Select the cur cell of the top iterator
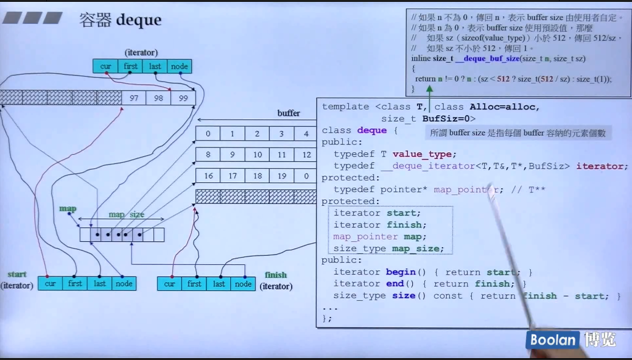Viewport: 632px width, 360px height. (x=105, y=66)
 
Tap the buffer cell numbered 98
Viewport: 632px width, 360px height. (x=158, y=97)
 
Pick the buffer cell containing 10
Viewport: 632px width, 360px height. (x=257, y=155)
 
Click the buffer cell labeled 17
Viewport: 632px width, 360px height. (x=233, y=176)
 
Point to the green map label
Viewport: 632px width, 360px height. (x=68, y=208)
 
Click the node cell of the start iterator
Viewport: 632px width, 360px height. (x=124, y=283)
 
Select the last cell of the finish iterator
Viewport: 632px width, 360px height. (x=219, y=284)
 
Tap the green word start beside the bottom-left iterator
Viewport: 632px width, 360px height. (x=17, y=274)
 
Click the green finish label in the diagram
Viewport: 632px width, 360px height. (x=275, y=275)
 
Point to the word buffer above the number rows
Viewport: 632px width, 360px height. (x=289, y=113)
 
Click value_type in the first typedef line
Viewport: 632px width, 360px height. (x=424, y=154)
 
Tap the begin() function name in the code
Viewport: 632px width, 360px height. (x=401, y=272)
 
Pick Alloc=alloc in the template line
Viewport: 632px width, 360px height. (x=504, y=107)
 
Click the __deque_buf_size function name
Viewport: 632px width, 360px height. (x=487, y=58)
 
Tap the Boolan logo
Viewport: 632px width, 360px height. (x=552, y=340)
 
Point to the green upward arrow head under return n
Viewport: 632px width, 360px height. (x=429, y=89)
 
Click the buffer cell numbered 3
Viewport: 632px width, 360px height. (x=281, y=133)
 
